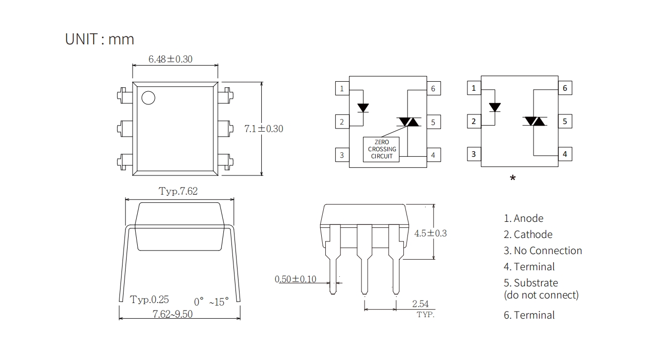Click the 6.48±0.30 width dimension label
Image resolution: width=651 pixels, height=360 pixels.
coord(170,59)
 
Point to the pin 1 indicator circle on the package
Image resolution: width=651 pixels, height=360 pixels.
coord(148,98)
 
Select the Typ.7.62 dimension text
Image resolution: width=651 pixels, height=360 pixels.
coord(178,192)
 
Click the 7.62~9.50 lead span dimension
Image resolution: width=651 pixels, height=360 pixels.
coord(172,314)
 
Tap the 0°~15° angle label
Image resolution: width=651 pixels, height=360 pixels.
coord(211,302)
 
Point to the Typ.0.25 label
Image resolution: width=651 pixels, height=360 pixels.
coord(149,299)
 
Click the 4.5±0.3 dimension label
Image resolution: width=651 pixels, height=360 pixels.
coord(430,233)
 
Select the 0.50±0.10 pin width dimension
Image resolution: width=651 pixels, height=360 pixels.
coord(295,279)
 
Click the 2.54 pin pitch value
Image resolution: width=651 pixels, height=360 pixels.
coord(420,304)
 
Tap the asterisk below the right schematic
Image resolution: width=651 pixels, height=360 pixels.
coord(512,178)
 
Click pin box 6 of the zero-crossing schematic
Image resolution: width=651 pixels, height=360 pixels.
coord(433,89)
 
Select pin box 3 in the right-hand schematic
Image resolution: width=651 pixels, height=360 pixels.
coord(474,154)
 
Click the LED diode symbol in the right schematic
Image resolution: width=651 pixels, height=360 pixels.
coord(495,107)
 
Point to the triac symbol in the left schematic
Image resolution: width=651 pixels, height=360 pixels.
coord(408,122)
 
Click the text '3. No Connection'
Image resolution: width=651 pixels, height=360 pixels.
coord(543,251)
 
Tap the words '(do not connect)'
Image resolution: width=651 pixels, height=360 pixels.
coord(541,295)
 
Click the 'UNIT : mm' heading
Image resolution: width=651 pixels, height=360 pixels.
coord(99,39)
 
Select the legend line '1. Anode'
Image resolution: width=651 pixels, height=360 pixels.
coord(523,218)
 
